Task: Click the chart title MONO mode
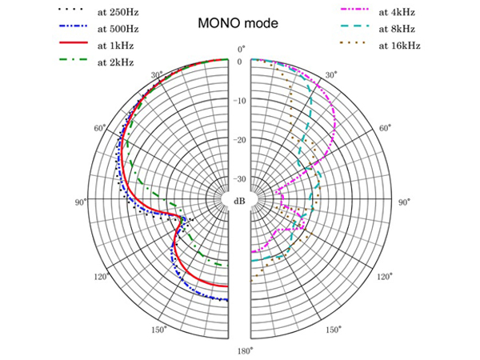click(x=238, y=24)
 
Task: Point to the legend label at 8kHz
click(x=398, y=30)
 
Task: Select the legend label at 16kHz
click(x=400, y=46)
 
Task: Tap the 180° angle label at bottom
click(x=241, y=350)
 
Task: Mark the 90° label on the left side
click(x=80, y=202)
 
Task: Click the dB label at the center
click(x=240, y=201)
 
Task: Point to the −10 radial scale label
click(x=240, y=101)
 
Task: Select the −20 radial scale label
click(x=240, y=140)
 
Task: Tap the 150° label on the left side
click(x=158, y=330)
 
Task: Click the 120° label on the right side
click(x=384, y=277)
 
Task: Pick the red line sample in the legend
click(x=73, y=46)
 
